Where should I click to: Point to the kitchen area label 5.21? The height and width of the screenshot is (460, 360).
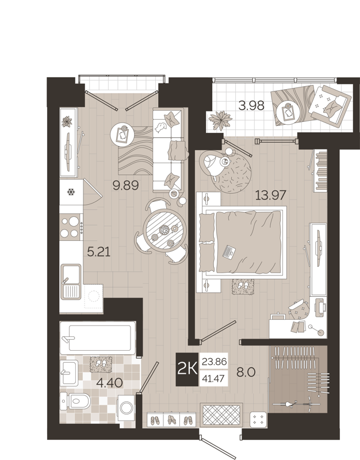[x=97, y=251]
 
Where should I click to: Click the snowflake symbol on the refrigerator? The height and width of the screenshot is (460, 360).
[x=72, y=192]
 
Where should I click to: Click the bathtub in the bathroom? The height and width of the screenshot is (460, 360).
[x=98, y=338]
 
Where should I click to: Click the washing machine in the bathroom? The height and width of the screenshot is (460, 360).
[x=127, y=406]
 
